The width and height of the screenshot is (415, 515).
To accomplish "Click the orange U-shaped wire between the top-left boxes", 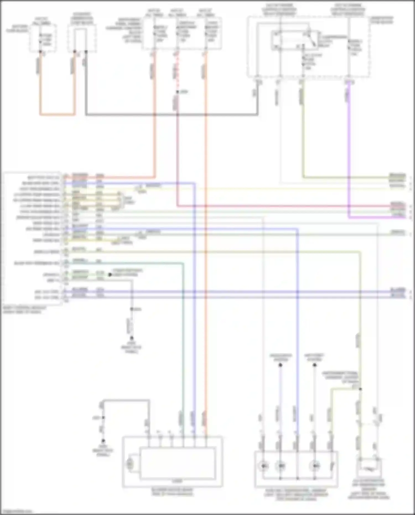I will click(57, 114).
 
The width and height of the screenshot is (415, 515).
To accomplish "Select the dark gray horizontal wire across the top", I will click(172, 114).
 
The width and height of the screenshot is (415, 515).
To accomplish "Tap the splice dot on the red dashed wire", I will click(177, 92).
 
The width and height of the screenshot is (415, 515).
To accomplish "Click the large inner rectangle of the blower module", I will click(178, 464).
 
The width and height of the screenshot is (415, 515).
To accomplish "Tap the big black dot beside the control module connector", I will click(110, 275).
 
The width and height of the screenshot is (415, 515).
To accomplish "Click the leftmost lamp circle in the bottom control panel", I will click(264, 466).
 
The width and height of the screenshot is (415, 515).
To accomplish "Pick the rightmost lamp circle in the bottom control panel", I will click(315, 466).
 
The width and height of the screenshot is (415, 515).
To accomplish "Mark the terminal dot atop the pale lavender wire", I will click(280, 365).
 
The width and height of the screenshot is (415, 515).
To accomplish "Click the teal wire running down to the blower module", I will click(183, 332).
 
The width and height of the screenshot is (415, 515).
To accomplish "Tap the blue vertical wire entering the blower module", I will click(195, 332).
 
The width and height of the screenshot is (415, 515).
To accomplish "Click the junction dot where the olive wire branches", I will click(360, 389).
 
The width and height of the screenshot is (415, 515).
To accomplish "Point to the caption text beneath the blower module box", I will click(173, 492).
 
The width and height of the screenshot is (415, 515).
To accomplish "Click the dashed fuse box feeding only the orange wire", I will click(43, 38).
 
